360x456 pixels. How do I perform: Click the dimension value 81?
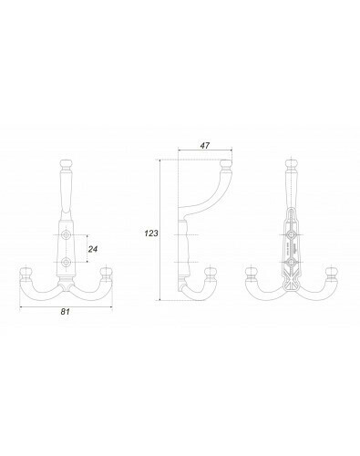[x=66, y=311]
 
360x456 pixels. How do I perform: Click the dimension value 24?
[x=93, y=249]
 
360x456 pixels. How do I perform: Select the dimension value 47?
[x=205, y=145]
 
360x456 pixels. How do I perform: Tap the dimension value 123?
[x=151, y=233]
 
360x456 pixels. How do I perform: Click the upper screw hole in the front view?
[x=66, y=235]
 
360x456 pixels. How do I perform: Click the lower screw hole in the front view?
[x=66, y=262]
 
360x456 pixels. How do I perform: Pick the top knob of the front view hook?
[x=66, y=165]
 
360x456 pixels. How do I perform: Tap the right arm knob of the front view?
[x=107, y=274]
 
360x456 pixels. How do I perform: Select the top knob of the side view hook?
[x=226, y=165]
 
